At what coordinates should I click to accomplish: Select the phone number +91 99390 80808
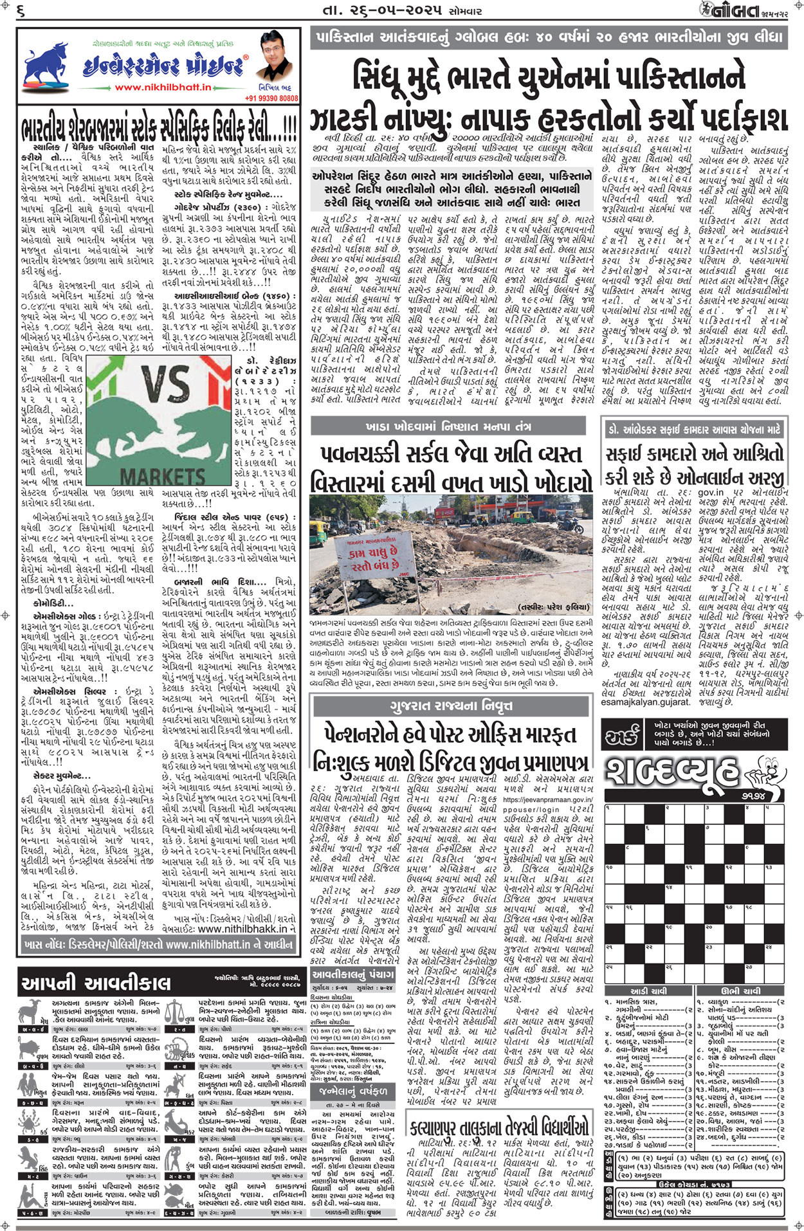tap(271, 98)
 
